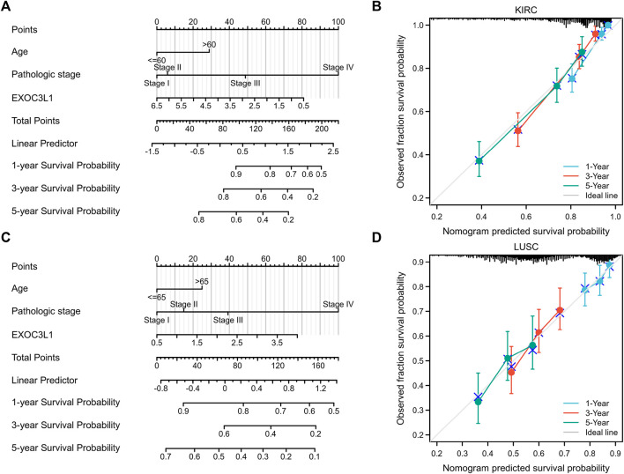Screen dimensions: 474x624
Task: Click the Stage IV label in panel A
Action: tap(338, 67)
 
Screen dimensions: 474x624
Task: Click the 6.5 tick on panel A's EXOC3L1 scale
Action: tap(156, 106)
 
